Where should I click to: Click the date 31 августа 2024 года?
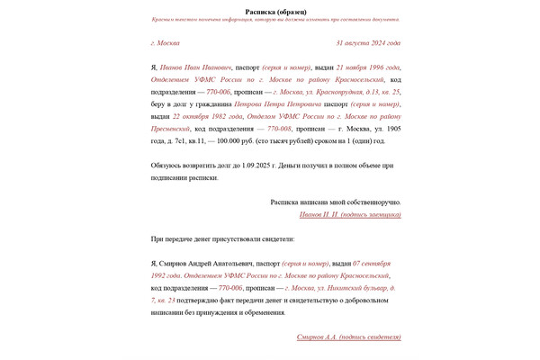pyautogui.click(x=368, y=42)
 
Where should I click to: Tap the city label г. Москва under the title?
pyautogui.click(x=166, y=42)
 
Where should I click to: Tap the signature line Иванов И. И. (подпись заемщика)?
pyautogui.click(x=350, y=214)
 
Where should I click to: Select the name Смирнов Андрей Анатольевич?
pyautogui.click(x=201, y=263)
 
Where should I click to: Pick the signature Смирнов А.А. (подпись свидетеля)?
pyautogui.click(x=349, y=337)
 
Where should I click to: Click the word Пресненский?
pyautogui.click(x=175, y=129)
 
